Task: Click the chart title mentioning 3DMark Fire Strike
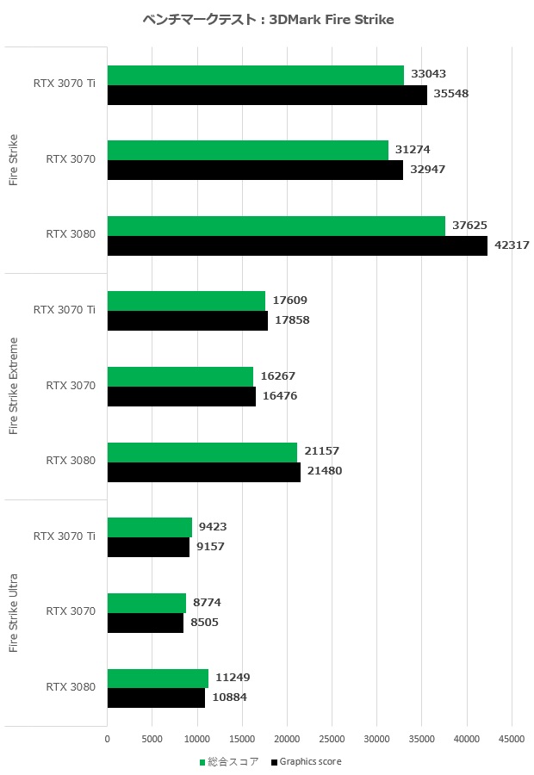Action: [x=268, y=20]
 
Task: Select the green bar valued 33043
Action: [x=256, y=75]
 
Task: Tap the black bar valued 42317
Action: [x=297, y=246]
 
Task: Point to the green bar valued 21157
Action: [x=202, y=451]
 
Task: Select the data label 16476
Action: [x=280, y=396]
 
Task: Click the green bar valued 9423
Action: [x=150, y=527]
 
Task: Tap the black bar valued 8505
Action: [x=146, y=623]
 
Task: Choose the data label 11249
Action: [x=233, y=678]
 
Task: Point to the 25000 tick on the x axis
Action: [x=332, y=738]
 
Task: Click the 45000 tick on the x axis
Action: [x=512, y=738]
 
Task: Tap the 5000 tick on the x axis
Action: [x=152, y=738]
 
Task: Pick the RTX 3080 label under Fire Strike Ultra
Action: [x=71, y=687]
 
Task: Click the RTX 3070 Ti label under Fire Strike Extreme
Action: [x=65, y=310]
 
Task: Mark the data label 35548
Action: [x=451, y=94]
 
